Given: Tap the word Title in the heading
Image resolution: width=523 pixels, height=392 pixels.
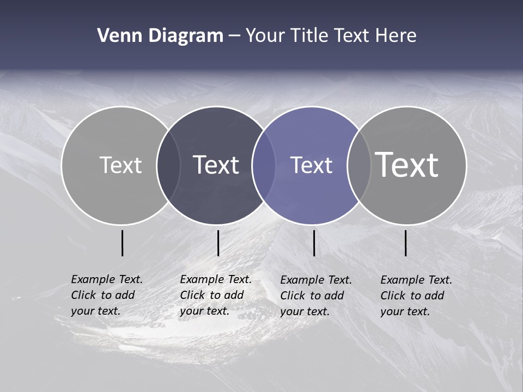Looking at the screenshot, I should [x=309, y=36].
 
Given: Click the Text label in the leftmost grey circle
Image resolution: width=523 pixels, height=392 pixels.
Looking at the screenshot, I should [x=120, y=165].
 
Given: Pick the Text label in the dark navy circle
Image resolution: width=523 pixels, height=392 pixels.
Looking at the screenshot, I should [x=216, y=165].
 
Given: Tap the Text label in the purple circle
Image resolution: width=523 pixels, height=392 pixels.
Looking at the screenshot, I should [x=311, y=165].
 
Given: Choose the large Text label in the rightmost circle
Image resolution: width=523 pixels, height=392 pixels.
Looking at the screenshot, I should [x=406, y=165].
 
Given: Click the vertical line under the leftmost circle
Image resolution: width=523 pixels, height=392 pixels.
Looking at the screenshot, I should [x=123, y=243].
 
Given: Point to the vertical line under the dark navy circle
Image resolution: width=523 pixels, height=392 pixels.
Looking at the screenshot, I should [x=218, y=243].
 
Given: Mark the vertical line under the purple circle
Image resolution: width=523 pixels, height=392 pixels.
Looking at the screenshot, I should [x=314, y=243].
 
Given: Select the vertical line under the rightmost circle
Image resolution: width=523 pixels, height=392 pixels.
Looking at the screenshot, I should [x=406, y=243].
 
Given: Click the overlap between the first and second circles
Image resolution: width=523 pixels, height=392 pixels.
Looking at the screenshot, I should [x=168, y=166].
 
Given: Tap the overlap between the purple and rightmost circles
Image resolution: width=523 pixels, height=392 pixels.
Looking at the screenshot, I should [x=359, y=166].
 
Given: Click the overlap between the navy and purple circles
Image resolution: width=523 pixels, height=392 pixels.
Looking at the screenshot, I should [x=264, y=166].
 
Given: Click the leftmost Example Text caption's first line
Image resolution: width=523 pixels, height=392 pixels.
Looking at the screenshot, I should [x=107, y=279].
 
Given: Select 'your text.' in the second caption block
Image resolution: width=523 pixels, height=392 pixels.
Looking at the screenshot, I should [x=204, y=311].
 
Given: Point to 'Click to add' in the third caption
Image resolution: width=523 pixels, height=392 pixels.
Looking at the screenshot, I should [x=312, y=296].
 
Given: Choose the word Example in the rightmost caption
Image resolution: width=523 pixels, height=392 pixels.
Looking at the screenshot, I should [x=401, y=280].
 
